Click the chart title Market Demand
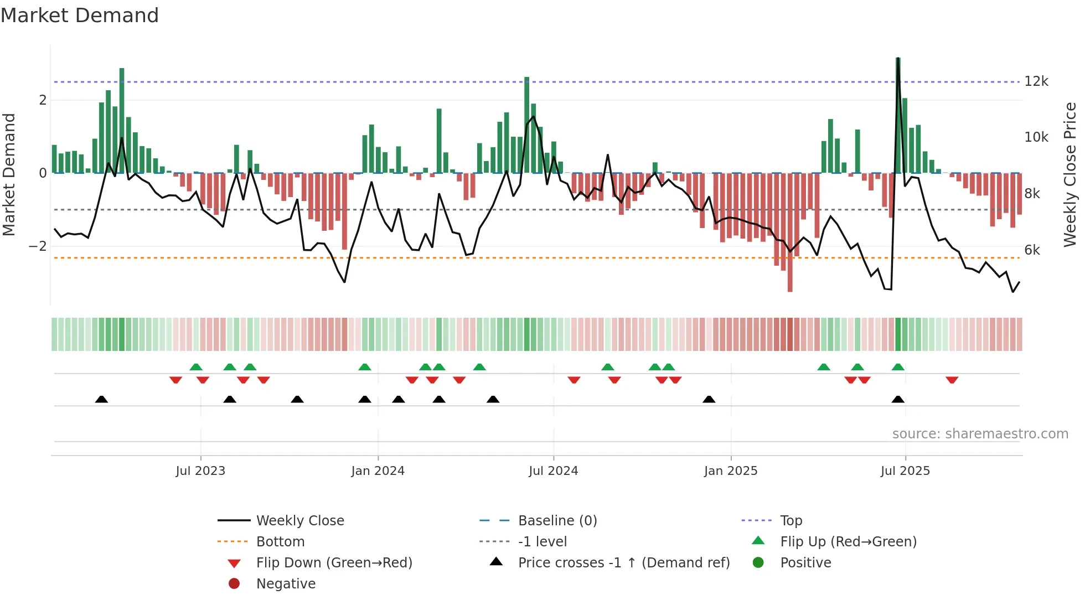tap(80, 15)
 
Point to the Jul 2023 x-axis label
tap(200, 471)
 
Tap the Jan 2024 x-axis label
tap(378, 471)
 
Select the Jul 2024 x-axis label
tap(554, 471)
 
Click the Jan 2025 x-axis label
tap(731, 471)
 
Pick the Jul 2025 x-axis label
tap(906, 471)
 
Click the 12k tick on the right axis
tap(1036, 81)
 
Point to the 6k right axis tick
tap(1032, 250)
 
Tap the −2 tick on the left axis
tap(38, 246)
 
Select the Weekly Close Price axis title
tap(1070, 174)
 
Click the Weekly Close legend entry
tap(300, 521)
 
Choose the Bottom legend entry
tap(280, 542)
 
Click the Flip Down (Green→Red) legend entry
tap(334, 563)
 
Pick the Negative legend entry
tap(286, 584)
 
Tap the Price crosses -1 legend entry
tap(624, 563)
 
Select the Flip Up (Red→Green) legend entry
tap(848, 542)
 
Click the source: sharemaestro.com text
tap(980, 434)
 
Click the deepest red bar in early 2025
tap(790, 232)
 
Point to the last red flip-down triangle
tap(952, 380)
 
